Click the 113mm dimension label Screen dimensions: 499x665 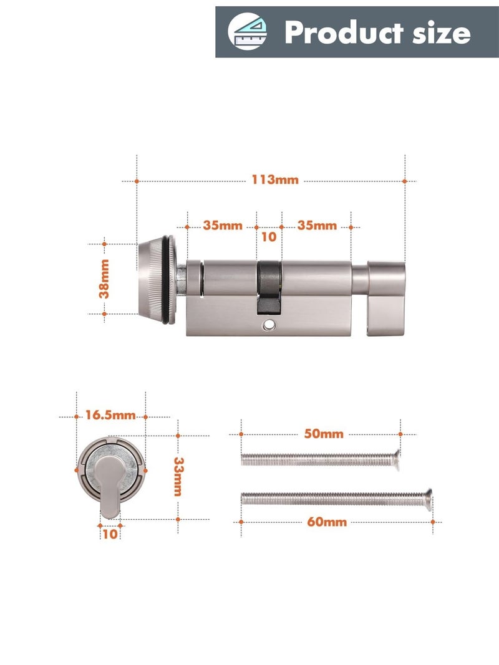(275, 180)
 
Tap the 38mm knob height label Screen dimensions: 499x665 (104, 279)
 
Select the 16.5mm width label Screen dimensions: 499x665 (110, 415)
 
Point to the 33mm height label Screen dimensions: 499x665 (178, 476)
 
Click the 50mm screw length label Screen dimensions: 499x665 (324, 434)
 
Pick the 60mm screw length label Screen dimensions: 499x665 (327, 522)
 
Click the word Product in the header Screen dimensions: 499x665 (344, 32)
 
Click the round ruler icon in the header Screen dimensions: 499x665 (248, 31)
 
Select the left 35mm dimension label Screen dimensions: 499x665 (222, 225)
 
